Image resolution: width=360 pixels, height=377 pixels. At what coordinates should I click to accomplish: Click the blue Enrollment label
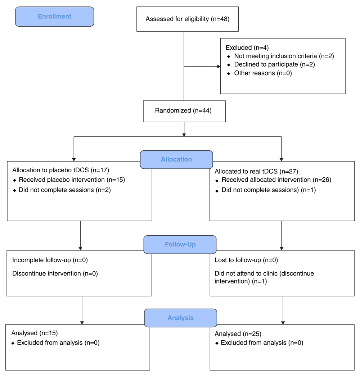click(55, 17)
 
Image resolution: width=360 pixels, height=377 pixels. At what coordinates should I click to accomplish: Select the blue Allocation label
click(176, 159)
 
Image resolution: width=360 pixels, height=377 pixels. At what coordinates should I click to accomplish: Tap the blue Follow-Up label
click(180, 245)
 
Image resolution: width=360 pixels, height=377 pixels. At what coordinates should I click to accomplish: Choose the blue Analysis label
click(180, 318)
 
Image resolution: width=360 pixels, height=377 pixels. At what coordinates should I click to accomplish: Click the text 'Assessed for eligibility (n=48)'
click(188, 19)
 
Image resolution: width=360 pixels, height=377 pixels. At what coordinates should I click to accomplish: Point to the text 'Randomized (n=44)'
click(183, 110)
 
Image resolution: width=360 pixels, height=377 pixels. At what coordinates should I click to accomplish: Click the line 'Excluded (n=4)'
click(247, 47)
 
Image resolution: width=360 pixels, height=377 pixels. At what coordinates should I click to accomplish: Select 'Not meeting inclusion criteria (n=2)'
click(284, 56)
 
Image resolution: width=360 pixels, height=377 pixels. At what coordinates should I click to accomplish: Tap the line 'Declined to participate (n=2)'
click(274, 64)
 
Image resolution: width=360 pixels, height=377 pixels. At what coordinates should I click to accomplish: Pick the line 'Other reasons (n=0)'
click(263, 73)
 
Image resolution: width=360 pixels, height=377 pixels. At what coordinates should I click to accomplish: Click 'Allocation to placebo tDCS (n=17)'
click(60, 170)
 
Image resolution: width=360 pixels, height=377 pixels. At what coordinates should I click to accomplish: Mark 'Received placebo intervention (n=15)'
click(72, 180)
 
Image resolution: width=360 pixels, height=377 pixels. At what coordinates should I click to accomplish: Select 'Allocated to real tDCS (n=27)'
click(256, 172)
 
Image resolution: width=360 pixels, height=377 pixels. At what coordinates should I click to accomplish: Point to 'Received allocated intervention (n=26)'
click(276, 180)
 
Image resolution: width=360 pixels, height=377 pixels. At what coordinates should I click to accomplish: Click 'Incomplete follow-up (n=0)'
click(50, 260)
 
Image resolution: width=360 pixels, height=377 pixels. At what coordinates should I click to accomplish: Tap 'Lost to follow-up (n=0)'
click(246, 260)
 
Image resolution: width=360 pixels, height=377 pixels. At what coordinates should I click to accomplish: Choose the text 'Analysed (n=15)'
click(35, 333)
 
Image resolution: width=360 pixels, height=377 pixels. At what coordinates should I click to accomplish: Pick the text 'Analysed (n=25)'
click(238, 334)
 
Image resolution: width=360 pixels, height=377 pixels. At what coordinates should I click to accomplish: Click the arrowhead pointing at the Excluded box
click(219, 66)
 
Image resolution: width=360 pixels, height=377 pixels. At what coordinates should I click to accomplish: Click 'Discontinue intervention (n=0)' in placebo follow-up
click(55, 274)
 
